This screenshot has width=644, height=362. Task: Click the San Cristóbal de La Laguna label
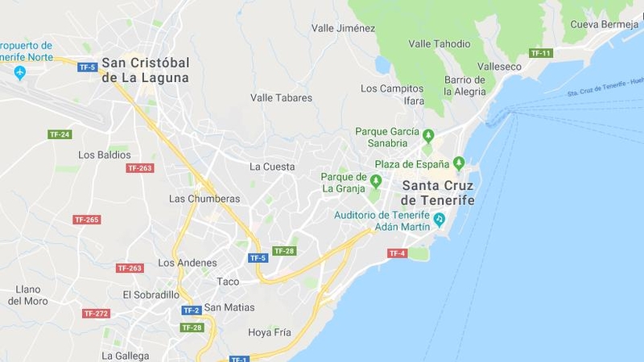(x=145, y=70)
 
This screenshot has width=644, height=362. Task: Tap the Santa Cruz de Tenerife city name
(x=438, y=192)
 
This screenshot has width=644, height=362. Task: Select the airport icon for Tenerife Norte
(x=20, y=72)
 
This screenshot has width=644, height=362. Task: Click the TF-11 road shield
(x=541, y=53)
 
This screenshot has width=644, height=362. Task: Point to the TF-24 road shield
(x=60, y=134)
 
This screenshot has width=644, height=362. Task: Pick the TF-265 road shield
(x=86, y=220)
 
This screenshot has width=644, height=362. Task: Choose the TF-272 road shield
(x=96, y=314)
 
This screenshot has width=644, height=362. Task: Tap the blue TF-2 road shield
(x=191, y=311)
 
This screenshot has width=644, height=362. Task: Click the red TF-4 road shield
(x=398, y=253)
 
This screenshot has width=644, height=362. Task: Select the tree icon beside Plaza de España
(x=459, y=163)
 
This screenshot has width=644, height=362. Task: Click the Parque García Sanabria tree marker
(x=428, y=135)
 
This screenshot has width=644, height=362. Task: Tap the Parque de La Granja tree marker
(x=375, y=181)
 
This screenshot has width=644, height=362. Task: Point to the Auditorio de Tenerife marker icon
(x=439, y=219)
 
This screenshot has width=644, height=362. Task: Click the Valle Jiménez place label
(x=343, y=28)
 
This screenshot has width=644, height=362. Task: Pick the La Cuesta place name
(x=272, y=167)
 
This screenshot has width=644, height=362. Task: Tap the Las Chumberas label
(x=204, y=199)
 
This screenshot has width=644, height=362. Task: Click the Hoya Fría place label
(x=269, y=331)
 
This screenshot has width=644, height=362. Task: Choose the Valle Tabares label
(x=281, y=98)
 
